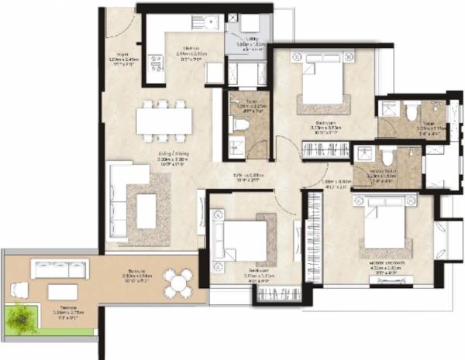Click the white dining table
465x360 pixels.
click(x=164, y=121)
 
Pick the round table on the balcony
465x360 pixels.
click(x=180, y=280)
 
